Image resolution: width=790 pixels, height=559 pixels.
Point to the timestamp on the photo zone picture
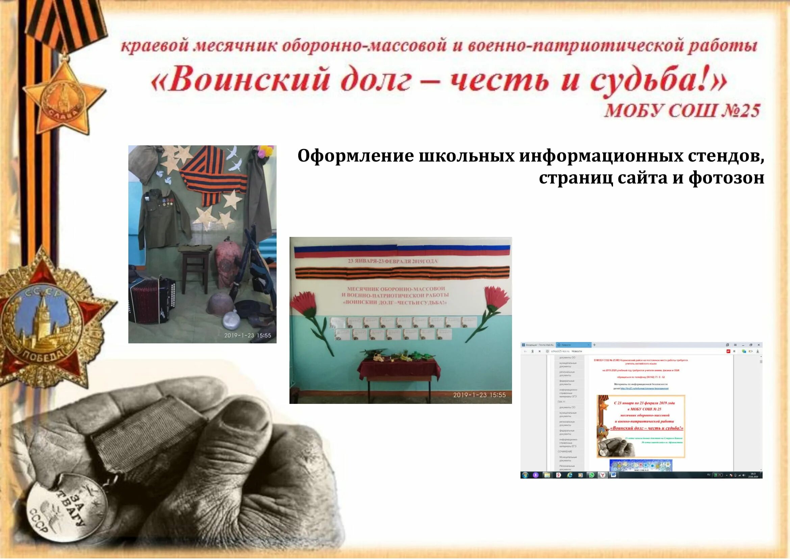tap(247, 335)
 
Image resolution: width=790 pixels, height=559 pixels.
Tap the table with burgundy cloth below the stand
tap(399, 372)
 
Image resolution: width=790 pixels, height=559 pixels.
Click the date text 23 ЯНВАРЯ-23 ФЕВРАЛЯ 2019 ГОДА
tap(392, 261)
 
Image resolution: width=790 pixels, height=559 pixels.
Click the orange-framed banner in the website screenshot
tap(641, 426)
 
